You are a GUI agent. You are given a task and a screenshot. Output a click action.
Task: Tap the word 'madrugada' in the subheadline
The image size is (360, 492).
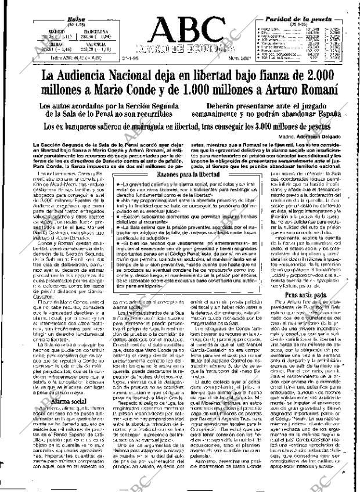[x=147, y=125]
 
